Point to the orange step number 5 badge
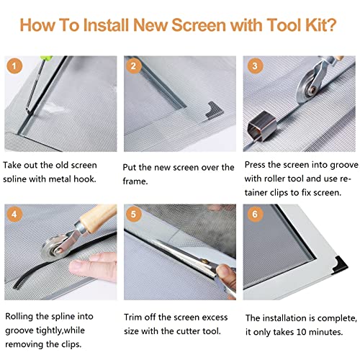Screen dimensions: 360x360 coord(133,214)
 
